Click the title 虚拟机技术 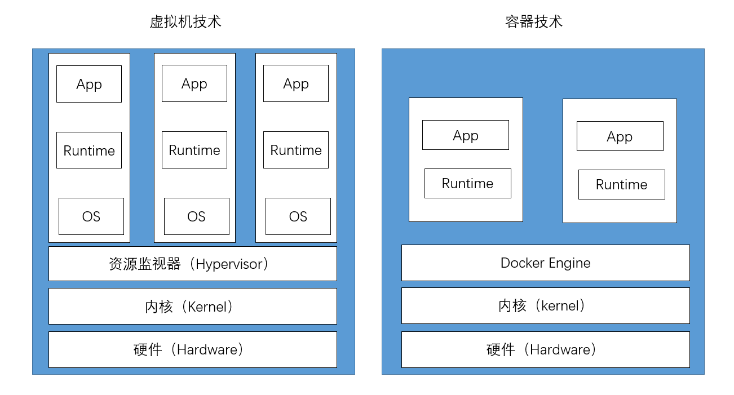(x=185, y=22)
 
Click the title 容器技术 (x=533, y=22)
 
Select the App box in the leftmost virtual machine (x=89, y=84)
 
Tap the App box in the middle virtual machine (x=194, y=83)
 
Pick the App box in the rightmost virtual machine (x=296, y=83)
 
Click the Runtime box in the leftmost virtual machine (x=89, y=150)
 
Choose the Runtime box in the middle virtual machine (x=194, y=150)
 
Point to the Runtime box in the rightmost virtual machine (x=296, y=150)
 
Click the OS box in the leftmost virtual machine (x=91, y=216)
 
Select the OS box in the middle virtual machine (x=197, y=216)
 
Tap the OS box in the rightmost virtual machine (x=298, y=216)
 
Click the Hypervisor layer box (x=193, y=264)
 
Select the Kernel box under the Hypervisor (x=193, y=307)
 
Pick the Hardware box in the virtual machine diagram (x=193, y=349)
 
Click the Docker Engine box (x=545, y=263)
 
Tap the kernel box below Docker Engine (x=545, y=305)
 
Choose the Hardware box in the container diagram (x=545, y=349)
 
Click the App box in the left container (x=466, y=135)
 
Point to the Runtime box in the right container (x=622, y=184)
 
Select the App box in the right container (x=620, y=136)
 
